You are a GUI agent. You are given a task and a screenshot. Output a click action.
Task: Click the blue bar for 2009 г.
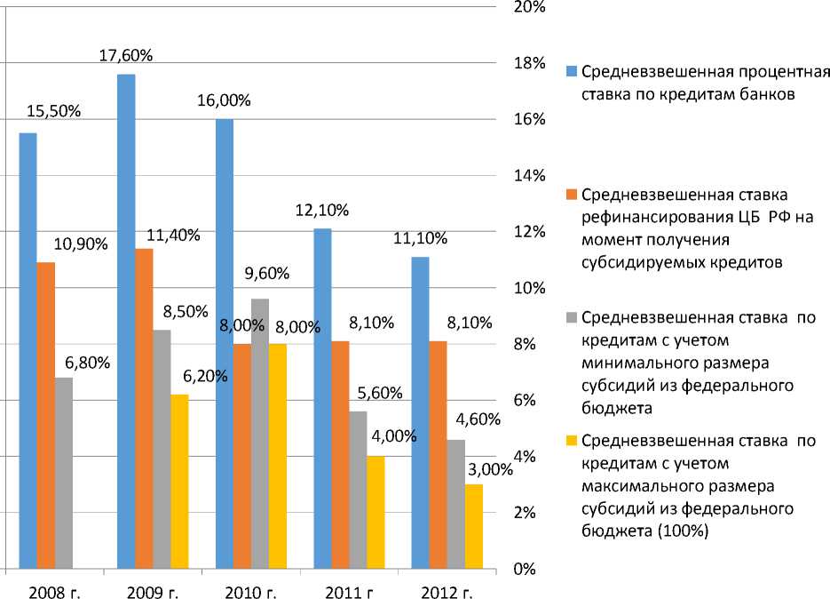(126, 321)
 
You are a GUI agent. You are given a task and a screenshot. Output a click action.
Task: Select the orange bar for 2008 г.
(45, 415)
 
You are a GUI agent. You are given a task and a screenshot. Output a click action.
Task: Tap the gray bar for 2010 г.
(260, 434)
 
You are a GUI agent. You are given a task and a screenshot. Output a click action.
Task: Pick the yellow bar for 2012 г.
(474, 526)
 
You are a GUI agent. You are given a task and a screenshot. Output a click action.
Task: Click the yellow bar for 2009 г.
(180, 481)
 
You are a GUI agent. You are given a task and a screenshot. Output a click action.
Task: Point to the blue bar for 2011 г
(322, 398)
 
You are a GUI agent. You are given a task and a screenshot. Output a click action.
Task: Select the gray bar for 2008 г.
(64, 473)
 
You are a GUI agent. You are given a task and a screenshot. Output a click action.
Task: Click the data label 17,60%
(127, 55)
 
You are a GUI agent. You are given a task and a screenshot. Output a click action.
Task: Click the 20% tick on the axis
(529, 8)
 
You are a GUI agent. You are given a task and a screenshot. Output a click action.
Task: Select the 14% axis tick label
(529, 176)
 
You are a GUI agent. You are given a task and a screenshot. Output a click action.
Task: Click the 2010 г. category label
(251, 590)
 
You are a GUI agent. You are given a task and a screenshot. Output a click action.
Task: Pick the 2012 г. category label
(447, 590)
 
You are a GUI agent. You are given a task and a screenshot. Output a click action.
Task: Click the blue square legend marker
(573, 71)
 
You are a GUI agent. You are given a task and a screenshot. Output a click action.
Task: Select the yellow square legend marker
(573, 440)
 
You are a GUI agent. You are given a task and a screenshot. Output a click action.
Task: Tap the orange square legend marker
(573, 194)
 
